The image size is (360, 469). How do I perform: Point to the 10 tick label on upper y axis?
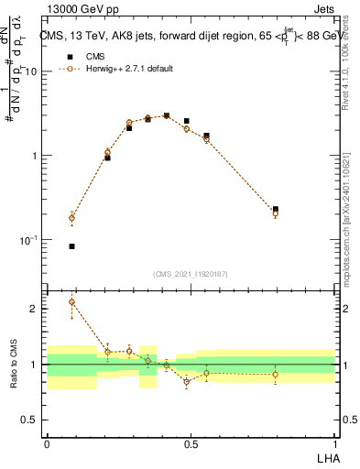[30, 71]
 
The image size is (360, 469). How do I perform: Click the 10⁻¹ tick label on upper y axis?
[27, 240]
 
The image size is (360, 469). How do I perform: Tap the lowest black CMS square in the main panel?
[71, 246]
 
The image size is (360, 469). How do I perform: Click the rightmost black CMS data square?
[276, 210]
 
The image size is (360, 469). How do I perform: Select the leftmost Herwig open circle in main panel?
[71, 218]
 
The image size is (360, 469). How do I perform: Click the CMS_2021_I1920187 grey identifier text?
[190, 274]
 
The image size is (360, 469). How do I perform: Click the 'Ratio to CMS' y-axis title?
[14, 364]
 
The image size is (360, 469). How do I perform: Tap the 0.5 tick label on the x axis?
[190, 444]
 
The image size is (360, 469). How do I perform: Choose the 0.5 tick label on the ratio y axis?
[30, 420]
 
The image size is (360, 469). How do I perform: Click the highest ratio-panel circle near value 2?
[71, 302]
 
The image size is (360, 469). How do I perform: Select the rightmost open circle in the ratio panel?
[276, 374]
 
